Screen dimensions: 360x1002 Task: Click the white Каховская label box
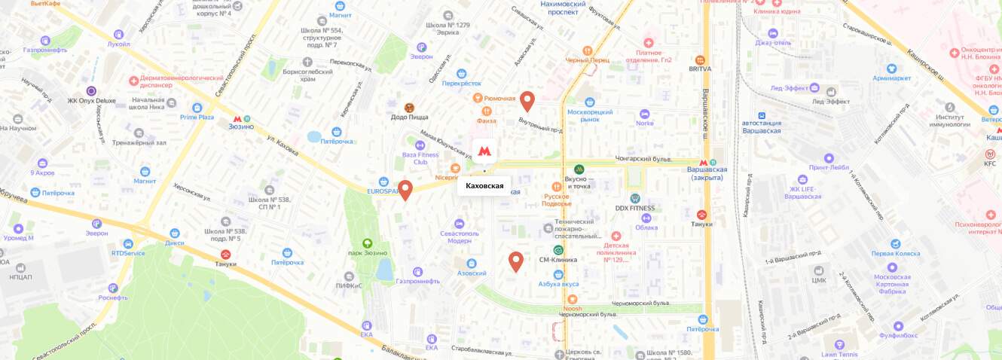[x=484, y=185]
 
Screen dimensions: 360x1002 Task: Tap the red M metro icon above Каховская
[x=484, y=151]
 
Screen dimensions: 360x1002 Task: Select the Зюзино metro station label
[x=241, y=127]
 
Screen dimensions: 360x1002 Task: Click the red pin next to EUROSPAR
[x=405, y=190]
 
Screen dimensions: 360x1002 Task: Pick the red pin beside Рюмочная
[x=527, y=100]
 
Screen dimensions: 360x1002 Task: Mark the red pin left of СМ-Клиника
[x=516, y=261]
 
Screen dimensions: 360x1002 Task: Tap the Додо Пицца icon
[x=409, y=108]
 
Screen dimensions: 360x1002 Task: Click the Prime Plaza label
[x=197, y=117]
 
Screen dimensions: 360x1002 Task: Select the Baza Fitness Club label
[x=420, y=158]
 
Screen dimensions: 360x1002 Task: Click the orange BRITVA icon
[x=699, y=59]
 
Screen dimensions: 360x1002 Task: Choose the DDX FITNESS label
[x=634, y=208]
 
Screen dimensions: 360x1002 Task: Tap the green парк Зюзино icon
[x=367, y=243]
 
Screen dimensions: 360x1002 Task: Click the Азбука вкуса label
[x=558, y=284]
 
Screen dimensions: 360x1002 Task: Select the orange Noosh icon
[x=573, y=299]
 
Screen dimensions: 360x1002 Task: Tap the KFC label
[x=989, y=163]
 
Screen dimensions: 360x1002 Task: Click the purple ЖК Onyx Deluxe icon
[x=91, y=90]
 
